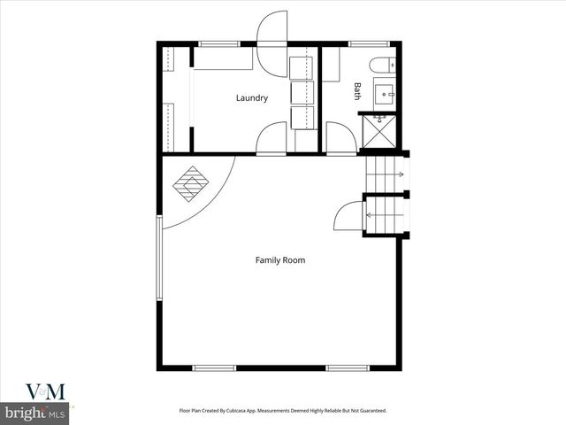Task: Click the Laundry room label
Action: coord(252,98)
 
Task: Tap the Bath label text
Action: coord(358,90)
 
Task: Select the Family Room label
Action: coord(280,260)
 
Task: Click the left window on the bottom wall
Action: coord(214,367)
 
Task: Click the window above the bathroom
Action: coord(362,43)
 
